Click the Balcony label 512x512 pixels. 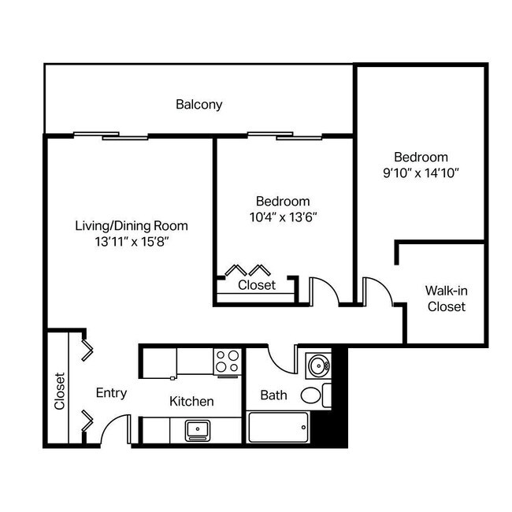click(x=199, y=104)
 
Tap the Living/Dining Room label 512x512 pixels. click(x=132, y=225)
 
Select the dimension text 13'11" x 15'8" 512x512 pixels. click(x=132, y=243)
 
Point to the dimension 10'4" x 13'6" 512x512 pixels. click(x=283, y=217)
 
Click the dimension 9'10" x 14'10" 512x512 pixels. click(x=421, y=173)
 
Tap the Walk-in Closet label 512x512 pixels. click(x=446, y=298)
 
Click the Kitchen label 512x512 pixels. click(x=191, y=402)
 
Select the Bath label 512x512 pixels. click(x=273, y=395)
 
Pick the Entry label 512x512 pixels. click(x=111, y=393)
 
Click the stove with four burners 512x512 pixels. click(x=227, y=362)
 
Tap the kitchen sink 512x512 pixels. click(x=198, y=430)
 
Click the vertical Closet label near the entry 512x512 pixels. click(x=60, y=391)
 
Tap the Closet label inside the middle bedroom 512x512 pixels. click(x=257, y=285)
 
